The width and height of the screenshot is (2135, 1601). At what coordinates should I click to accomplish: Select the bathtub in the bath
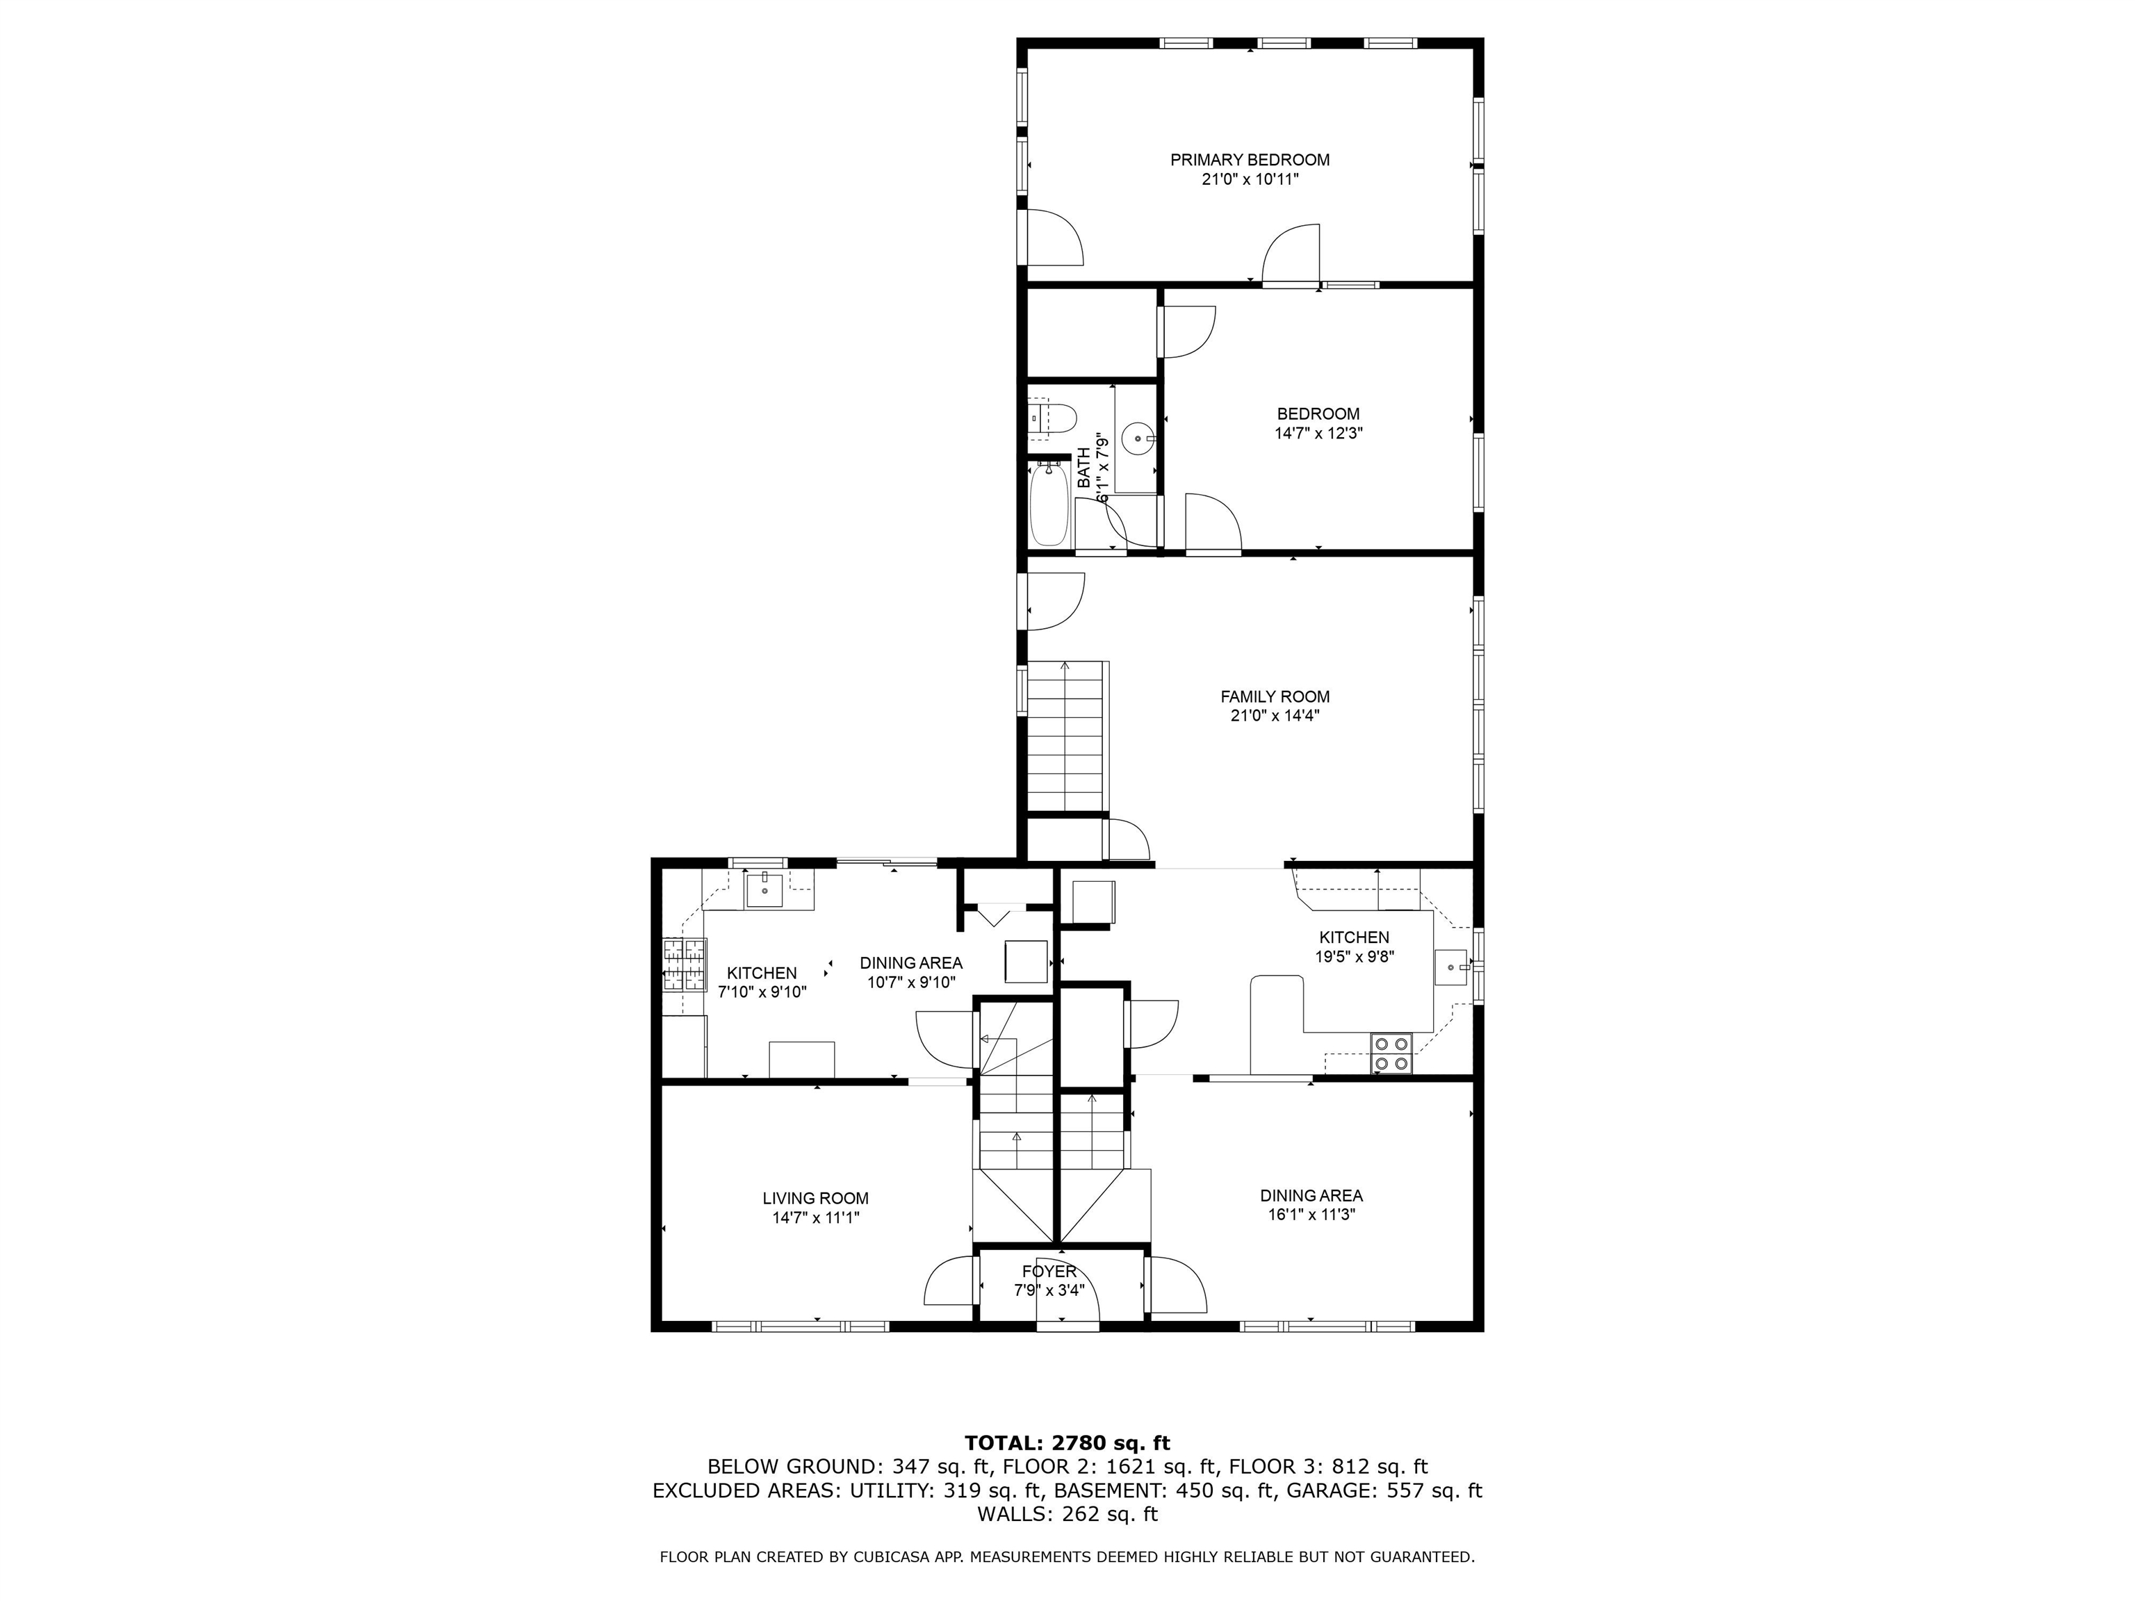click(x=1048, y=504)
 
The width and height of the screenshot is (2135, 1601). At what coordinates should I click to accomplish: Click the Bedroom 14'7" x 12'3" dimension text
click(x=1318, y=434)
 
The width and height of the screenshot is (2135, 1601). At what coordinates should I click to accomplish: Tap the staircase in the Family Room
click(x=1065, y=737)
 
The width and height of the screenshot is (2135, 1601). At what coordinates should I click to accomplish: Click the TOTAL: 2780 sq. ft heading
click(x=1067, y=1443)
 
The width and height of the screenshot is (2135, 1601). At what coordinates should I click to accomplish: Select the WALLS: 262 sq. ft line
click(x=1067, y=1514)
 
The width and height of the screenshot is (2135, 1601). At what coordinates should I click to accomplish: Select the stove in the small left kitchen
click(x=682, y=965)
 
